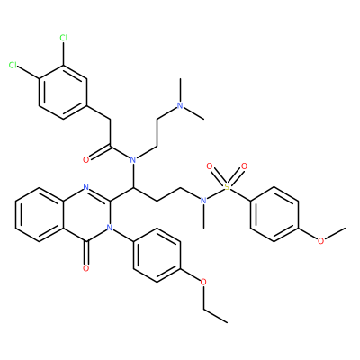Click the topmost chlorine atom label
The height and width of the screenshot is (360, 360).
(x=63, y=38)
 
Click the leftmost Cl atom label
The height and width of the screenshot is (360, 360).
(x=13, y=65)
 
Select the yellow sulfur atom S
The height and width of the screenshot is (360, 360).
(x=227, y=187)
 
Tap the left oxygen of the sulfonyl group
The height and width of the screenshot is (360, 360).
(x=210, y=166)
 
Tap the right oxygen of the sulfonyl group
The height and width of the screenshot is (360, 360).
(x=245, y=166)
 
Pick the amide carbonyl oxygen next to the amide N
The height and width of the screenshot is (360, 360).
(x=86, y=160)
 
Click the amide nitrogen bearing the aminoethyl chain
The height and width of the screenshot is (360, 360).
(x=133, y=160)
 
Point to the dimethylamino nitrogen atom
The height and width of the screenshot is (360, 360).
(x=180, y=105)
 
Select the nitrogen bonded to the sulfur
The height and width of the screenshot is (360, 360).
(x=203, y=201)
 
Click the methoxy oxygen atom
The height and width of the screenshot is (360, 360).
(x=321, y=241)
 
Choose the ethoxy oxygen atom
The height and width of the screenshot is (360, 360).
(x=203, y=282)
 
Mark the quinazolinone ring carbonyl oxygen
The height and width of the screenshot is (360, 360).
(x=86, y=268)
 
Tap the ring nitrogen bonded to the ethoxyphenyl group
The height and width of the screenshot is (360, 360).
(x=110, y=228)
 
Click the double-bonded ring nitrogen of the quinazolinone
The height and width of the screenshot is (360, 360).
(x=86, y=187)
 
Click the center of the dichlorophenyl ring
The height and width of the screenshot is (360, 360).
(x=63, y=92)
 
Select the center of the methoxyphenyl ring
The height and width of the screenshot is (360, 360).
(x=274, y=214)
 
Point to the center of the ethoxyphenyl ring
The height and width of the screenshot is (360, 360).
(x=157, y=255)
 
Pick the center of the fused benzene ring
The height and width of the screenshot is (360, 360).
(x=40, y=214)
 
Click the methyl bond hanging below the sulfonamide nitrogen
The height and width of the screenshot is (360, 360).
(x=203, y=216)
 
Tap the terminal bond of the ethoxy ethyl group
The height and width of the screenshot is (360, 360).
(x=215, y=316)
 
